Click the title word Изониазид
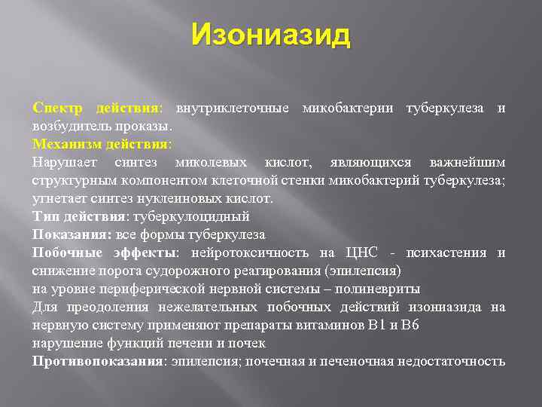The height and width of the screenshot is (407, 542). (x=270, y=35)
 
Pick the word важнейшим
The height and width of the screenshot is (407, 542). (x=467, y=162)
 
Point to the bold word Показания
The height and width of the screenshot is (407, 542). (x=72, y=234)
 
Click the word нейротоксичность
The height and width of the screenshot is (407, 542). (x=252, y=252)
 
